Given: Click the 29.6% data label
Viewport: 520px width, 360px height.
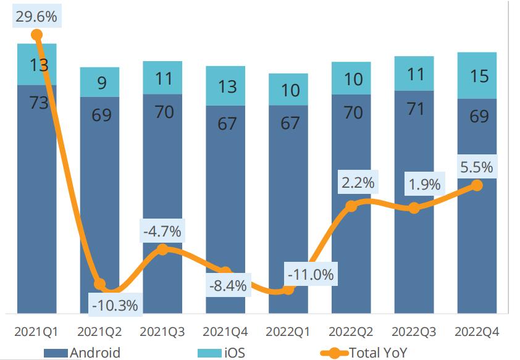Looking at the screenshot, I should (36, 17).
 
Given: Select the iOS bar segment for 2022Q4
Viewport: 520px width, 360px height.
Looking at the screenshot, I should (477, 75).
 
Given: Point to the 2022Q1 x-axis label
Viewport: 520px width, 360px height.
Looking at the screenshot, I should (289, 332).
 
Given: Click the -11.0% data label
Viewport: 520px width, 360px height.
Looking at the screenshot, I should (310, 274).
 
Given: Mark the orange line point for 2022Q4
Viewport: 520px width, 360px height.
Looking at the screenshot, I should (477, 185).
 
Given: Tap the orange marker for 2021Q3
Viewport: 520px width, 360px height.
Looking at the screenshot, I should (162, 249).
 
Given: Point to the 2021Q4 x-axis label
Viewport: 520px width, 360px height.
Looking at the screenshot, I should (226, 332).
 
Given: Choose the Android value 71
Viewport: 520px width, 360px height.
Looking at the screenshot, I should (416, 109).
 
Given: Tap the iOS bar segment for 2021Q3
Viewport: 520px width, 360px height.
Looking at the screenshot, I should (162, 78).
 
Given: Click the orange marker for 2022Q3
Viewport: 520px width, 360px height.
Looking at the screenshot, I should (414, 208).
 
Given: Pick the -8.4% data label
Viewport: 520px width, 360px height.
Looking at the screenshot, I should (228, 286).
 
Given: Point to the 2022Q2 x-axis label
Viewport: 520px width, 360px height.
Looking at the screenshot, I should (351, 332).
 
